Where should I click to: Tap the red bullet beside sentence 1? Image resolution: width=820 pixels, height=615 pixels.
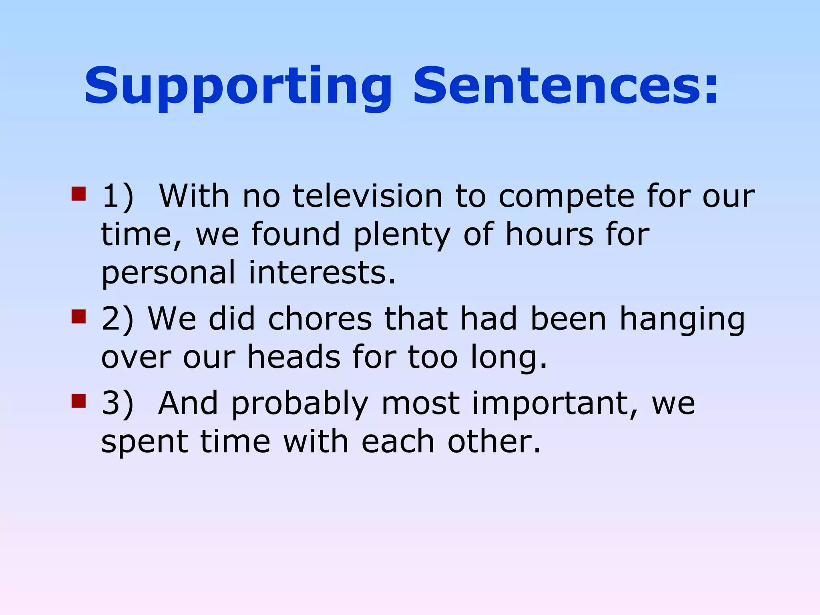tap(78, 194)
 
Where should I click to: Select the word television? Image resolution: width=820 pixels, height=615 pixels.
tap(368, 196)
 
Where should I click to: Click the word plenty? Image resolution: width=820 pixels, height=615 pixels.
tap(402, 235)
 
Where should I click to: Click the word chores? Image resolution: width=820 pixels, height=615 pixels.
tap(320, 319)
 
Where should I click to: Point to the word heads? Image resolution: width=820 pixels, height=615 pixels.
tap(293, 357)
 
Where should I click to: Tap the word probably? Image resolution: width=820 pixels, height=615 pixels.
tap(299, 404)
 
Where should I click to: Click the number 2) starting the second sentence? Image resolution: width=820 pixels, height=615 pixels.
tap(117, 320)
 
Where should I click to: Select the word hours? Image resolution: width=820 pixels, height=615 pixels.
tap(549, 235)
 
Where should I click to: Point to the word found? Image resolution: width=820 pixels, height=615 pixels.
tap(295, 235)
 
